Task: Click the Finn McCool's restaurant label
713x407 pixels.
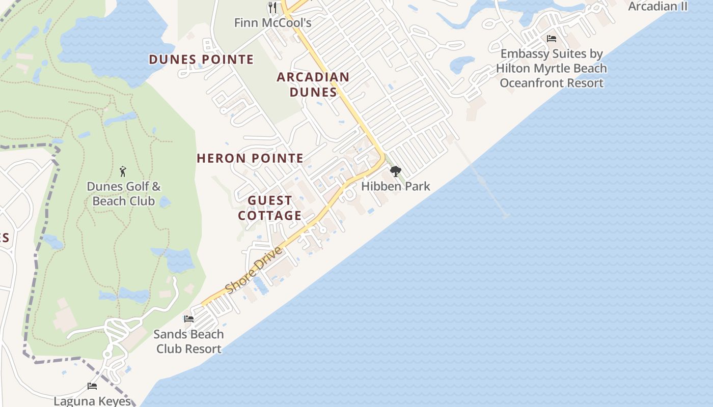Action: pos(272,23)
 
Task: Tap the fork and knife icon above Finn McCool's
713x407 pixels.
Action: pos(272,7)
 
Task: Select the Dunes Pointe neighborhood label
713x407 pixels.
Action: pos(201,60)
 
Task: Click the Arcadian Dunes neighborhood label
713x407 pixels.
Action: pos(313,84)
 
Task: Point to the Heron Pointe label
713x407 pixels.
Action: pos(250,158)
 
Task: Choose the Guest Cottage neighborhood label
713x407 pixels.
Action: pos(270,208)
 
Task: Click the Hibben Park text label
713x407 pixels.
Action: pos(396,186)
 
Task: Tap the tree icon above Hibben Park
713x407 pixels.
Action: pos(395,171)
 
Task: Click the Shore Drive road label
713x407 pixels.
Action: pos(253,270)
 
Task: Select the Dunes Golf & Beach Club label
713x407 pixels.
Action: pos(124,194)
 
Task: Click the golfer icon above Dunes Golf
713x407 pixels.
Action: pos(123,171)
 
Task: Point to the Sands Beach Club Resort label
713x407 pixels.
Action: pos(189,341)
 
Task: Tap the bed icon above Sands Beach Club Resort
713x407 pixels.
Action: pos(189,319)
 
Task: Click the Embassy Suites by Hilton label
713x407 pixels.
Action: pos(552,68)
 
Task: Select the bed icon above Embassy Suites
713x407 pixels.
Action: pos(551,39)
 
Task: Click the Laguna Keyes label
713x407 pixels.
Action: pos(92,401)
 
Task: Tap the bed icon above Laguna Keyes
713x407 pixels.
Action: pos(92,386)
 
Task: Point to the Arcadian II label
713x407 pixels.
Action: pos(657,7)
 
